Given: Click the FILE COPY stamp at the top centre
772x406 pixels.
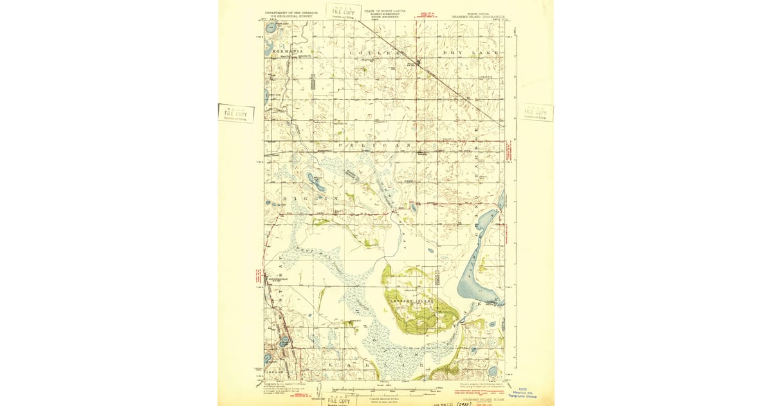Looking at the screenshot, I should (343, 12).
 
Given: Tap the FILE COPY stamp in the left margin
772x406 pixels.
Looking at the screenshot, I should (235, 113).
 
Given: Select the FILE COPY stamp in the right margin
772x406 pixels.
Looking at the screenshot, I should (535, 113).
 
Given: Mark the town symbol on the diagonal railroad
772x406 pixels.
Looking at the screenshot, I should (419, 63).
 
